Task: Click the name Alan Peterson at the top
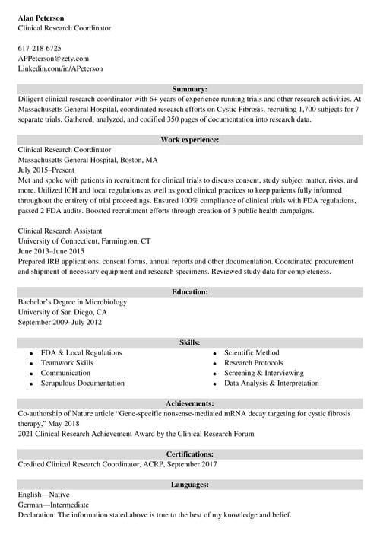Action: pyautogui.click(x=41, y=17)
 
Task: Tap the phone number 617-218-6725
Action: pyautogui.click(x=40, y=48)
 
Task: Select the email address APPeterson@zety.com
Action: pyautogui.click(x=53, y=58)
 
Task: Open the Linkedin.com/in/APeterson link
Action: pyautogui.click(x=60, y=68)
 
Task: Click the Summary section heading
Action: pyautogui.click(x=190, y=89)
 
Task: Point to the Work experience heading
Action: pyautogui.click(x=190, y=140)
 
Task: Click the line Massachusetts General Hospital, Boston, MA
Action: pyautogui.click(x=87, y=161)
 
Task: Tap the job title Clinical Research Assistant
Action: pyautogui.click(x=61, y=231)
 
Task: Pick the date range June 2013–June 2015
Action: pyautogui.click(x=51, y=251)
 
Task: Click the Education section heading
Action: pyautogui.click(x=190, y=291)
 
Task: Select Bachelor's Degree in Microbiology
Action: pyautogui.click(x=72, y=302)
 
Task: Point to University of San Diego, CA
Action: pyautogui.click(x=62, y=312)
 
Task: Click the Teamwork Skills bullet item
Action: pyautogui.click(x=67, y=363)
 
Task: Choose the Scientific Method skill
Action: pyautogui.click(x=252, y=353)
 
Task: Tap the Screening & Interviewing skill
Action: pyautogui.click(x=264, y=374)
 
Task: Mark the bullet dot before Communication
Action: pyautogui.click(x=30, y=374)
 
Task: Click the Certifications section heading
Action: pyautogui.click(x=190, y=454)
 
